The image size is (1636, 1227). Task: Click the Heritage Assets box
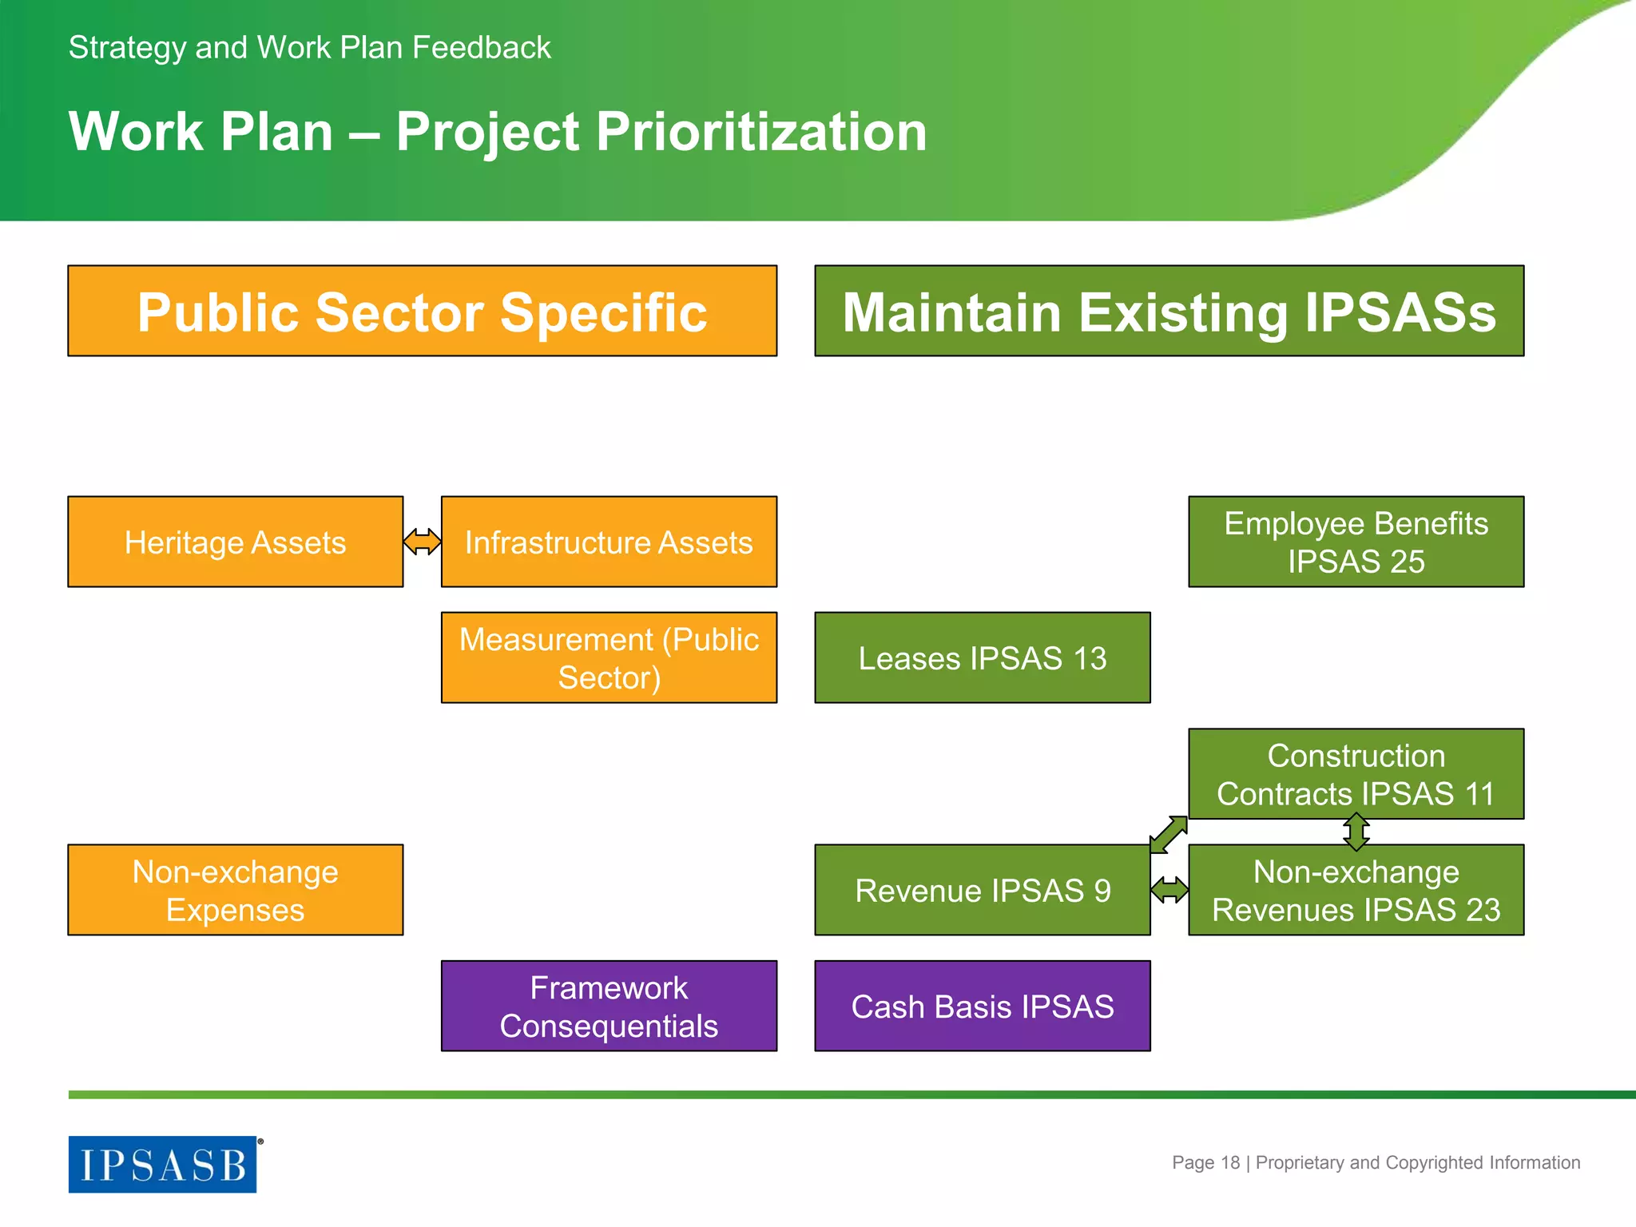point(235,542)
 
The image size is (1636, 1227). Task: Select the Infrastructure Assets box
point(609,542)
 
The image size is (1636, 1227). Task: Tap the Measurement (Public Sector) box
point(609,657)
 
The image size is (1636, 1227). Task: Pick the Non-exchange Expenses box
point(235,890)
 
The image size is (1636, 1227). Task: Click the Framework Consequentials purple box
point(609,1006)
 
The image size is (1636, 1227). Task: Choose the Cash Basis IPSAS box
point(982,1006)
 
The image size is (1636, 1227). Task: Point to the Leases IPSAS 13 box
point(982,657)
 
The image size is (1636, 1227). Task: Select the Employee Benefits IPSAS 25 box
point(1356,542)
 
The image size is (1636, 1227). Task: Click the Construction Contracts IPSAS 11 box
point(1356,773)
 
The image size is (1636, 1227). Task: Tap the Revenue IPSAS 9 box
point(982,890)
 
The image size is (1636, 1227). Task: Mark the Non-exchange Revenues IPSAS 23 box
point(1356,890)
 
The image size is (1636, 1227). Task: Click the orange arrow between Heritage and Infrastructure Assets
point(422,542)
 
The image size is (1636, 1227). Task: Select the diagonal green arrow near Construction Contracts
point(1168,835)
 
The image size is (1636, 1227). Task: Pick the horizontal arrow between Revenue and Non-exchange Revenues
point(1169,889)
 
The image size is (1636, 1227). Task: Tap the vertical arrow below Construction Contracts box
point(1356,832)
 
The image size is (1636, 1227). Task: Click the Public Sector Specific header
point(422,311)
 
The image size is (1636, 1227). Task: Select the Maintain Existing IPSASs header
point(1169,311)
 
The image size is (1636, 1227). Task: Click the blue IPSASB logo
point(163,1164)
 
